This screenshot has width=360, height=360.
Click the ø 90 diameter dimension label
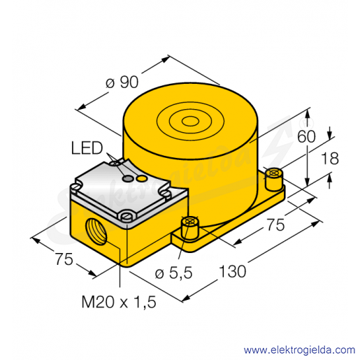point(122,82)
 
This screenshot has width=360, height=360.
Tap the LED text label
point(87,148)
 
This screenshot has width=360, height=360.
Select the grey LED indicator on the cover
point(128,179)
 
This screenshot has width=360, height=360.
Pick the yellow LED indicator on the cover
point(141,178)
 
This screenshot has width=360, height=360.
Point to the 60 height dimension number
point(306,136)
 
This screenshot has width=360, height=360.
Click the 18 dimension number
point(330,158)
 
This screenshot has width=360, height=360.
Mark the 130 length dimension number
point(232,271)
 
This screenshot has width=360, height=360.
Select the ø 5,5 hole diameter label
point(173,273)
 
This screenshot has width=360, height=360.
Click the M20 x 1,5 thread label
point(119,302)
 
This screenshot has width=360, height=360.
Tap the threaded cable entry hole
point(95,231)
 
